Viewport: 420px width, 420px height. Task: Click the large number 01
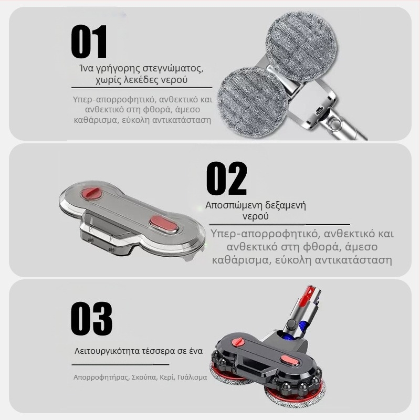pyautogui.click(x=89, y=41)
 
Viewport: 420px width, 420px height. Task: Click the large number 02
pyautogui.click(x=226, y=179)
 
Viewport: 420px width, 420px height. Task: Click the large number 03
pyautogui.click(x=91, y=319)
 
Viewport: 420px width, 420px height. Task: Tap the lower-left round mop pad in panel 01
pyautogui.click(x=253, y=101)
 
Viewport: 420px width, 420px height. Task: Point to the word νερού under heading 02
pyautogui.click(x=256, y=216)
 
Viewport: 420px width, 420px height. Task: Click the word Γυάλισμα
pyautogui.click(x=192, y=377)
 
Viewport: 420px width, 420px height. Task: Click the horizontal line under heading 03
pyautogui.click(x=120, y=364)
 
